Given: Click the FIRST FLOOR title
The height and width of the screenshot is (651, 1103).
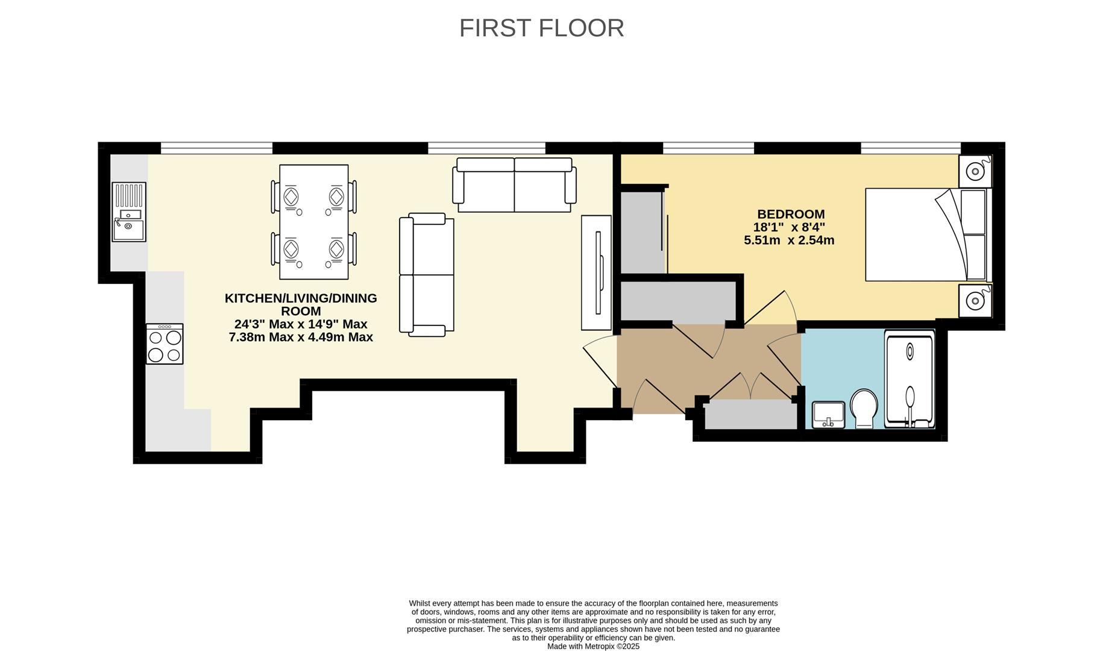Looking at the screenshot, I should pyautogui.click(x=541, y=28).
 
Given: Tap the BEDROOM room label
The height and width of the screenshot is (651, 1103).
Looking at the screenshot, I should pyautogui.click(x=791, y=214).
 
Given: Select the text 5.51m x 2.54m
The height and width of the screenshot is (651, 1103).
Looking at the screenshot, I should pyautogui.click(x=789, y=241).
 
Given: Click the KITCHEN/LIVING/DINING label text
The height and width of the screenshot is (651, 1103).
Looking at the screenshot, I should pyautogui.click(x=301, y=298).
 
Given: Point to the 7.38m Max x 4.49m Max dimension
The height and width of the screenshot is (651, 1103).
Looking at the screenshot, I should pyautogui.click(x=301, y=338).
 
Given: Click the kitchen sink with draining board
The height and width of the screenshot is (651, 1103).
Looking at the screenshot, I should pyautogui.click(x=129, y=212).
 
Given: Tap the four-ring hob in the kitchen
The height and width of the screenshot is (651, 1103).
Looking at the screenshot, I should pyautogui.click(x=165, y=344).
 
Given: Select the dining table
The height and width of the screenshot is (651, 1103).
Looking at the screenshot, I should pyautogui.click(x=313, y=222).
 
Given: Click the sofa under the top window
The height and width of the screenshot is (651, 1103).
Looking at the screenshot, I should pyautogui.click(x=514, y=185).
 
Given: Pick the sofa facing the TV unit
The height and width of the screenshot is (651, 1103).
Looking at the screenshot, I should pyautogui.click(x=426, y=274).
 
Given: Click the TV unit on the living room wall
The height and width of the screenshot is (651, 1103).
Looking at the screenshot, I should pyautogui.click(x=596, y=272).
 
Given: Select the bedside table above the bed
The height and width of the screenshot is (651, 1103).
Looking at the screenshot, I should pyautogui.click(x=975, y=171).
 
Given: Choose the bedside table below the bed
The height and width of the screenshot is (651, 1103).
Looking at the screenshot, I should pyautogui.click(x=975, y=300).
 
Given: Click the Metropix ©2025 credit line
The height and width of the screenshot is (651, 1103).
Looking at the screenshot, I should pyautogui.click(x=593, y=646).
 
